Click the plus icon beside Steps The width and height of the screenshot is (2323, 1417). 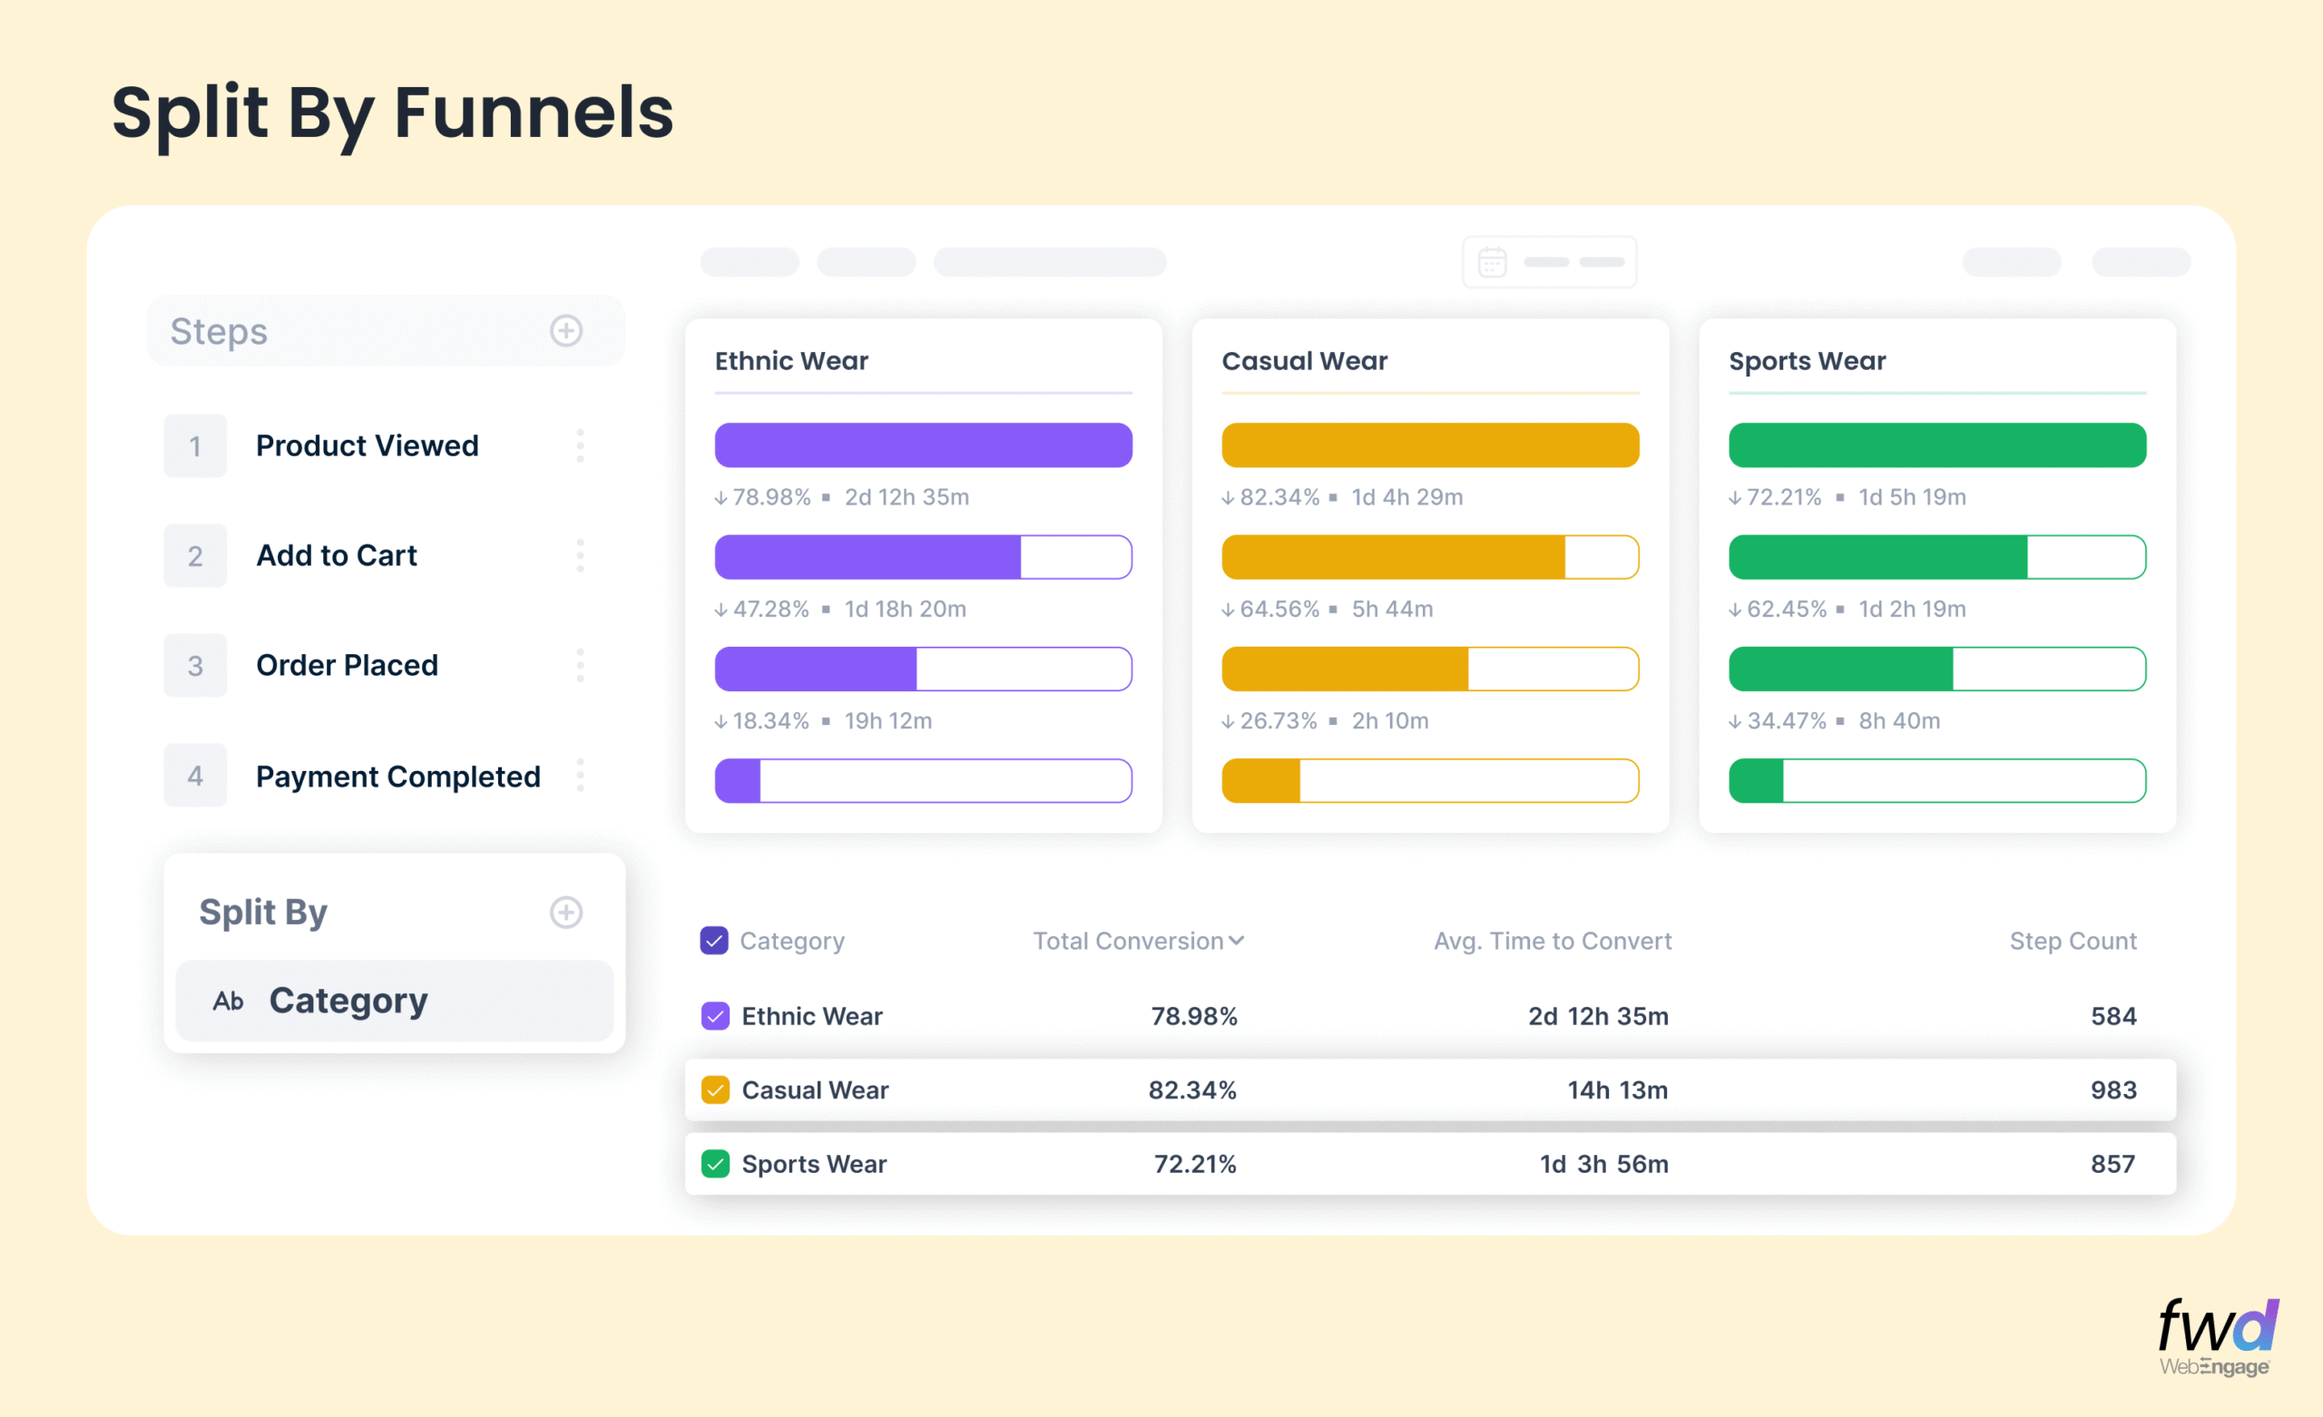tap(565, 331)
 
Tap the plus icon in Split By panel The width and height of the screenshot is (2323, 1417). tap(565, 912)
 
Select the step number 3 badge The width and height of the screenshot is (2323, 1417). tap(195, 666)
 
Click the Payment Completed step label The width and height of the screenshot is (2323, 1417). tap(397, 776)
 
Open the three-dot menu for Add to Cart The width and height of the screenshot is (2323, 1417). tap(580, 555)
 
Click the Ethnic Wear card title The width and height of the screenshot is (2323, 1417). tap(791, 361)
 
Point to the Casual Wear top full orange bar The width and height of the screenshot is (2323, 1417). tap(1429, 445)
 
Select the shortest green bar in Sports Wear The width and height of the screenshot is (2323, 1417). tap(1757, 781)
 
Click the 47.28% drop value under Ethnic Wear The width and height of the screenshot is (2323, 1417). tap(770, 609)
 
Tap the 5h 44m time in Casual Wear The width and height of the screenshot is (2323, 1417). tap(1392, 609)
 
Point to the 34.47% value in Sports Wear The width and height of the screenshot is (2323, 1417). tap(1786, 721)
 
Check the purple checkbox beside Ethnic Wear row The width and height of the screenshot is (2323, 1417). tap(716, 1016)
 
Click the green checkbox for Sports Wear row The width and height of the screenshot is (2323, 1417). tap(716, 1164)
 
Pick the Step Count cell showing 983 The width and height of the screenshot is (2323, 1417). tap(2112, 1090)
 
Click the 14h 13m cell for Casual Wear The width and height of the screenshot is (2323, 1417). tap(1617, 1090)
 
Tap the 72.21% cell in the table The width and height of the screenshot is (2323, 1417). tap(1194, 1164)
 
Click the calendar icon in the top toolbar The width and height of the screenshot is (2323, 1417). tap(1492, 262)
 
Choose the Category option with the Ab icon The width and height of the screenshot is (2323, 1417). tap(348, 1001)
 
